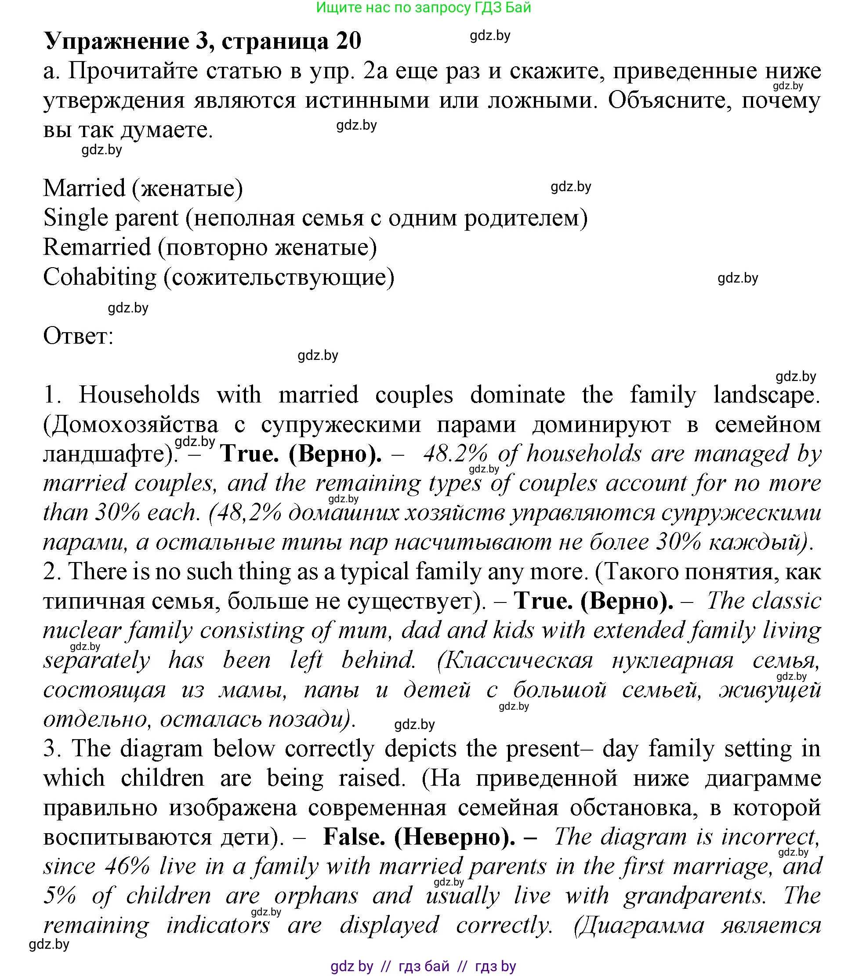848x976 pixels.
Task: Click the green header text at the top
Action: [424, 7]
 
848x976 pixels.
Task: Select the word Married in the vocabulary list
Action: [84, 189]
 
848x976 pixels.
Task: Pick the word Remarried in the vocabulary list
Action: [97, 247]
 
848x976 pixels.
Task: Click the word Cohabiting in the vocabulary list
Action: [99, 277]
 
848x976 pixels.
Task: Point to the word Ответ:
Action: [79, 336]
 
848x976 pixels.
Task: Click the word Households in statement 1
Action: [139, 395]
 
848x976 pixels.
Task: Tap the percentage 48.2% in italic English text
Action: [455, 454]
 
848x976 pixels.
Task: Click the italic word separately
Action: [97, 661]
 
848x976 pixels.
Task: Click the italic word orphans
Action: [316, 896]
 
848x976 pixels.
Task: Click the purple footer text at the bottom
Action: [424, 965]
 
